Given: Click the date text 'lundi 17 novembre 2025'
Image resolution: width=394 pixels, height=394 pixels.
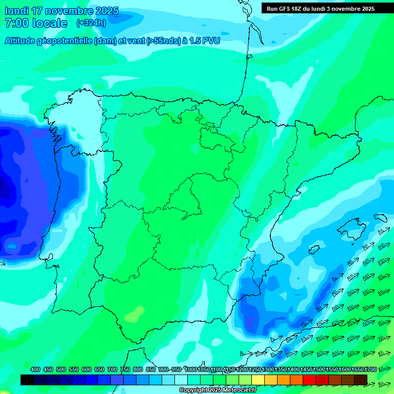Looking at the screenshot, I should coord(61,11).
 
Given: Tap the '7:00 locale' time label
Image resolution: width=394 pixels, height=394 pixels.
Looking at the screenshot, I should coord(35,23).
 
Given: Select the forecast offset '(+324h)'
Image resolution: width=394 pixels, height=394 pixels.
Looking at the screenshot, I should coord(91,23).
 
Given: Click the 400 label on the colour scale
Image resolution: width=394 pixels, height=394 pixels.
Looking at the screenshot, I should coord(35,370).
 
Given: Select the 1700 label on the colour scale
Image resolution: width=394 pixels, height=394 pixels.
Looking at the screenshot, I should coord(370,370).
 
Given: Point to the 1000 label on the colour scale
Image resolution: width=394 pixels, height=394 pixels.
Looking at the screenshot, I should coord(191,370).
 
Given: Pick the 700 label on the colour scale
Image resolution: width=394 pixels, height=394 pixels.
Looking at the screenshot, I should coord(112,370).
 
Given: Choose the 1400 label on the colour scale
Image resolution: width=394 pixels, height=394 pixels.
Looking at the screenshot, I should coord(293,370).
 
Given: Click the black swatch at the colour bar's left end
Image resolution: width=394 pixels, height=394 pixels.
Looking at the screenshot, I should coord(27,380).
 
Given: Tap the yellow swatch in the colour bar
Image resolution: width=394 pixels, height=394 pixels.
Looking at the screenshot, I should coord(258,380).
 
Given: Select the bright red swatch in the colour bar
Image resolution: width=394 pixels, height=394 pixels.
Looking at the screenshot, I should coord(309,380).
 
